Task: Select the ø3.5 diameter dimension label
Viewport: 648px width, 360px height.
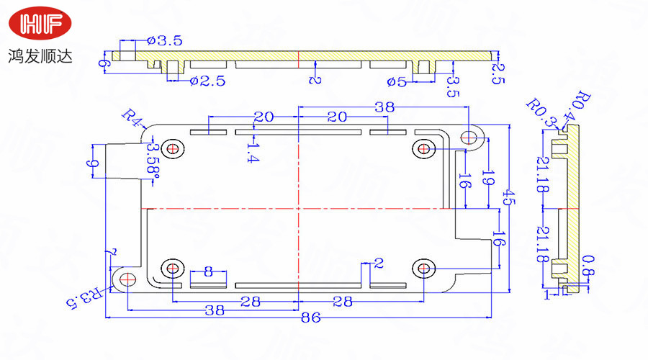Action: pyautogui.click(x=164, y=41)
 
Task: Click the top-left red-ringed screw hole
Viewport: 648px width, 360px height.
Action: pyautogui.click(x=173, y=149)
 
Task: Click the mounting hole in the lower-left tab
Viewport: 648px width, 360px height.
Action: pyautogui.click(x=127, y=279)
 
